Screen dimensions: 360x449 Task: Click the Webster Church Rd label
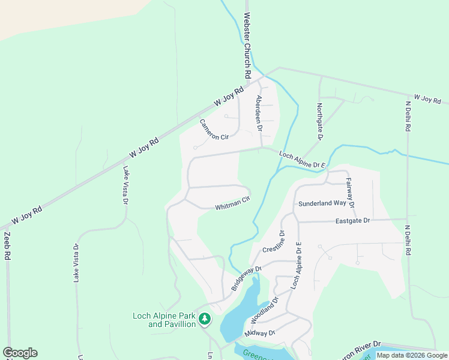[246, 47]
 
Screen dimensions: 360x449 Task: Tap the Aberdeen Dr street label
[259, 113]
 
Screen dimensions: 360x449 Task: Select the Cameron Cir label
[214, 130]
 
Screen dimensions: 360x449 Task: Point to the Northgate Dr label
[320, 122]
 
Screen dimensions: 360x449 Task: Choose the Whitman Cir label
[232, 205]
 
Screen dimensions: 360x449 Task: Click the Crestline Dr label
[273, 241]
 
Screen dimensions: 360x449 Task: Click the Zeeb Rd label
[8, 246]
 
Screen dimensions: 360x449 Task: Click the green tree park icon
[205, 319]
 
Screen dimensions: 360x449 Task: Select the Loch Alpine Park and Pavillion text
[164, 320]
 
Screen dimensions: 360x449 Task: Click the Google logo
[20, 353]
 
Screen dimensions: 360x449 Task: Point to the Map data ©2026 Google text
[412, 355]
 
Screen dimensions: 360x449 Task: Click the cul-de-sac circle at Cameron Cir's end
[195, 148]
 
